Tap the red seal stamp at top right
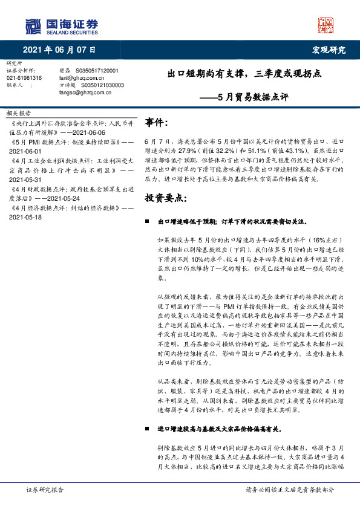point(327,25)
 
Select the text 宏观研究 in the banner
point(328,50)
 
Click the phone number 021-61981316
point(24,79)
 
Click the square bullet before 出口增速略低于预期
point(148,222)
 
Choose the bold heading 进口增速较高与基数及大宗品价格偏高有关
point(219,429)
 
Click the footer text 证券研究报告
point(45,490)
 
